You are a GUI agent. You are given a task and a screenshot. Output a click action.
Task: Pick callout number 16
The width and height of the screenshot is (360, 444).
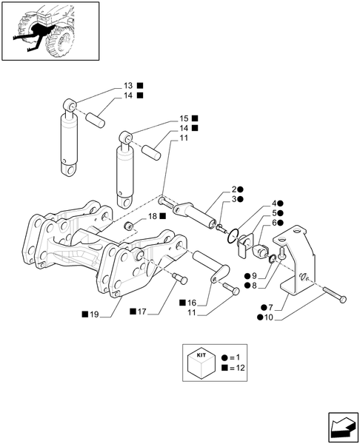coord(192,303)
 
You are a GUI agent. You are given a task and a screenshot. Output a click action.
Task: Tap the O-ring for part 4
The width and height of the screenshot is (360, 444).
coord(235,237)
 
